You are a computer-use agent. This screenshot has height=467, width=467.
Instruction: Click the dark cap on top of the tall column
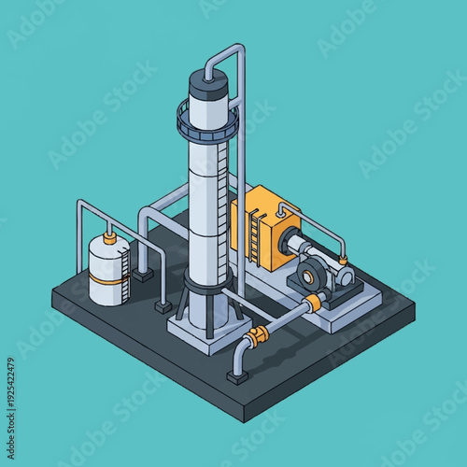tap(209, 85)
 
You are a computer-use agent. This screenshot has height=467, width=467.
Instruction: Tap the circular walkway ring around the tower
tap(207, 120)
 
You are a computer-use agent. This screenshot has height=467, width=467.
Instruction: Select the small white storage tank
tap(109, 274)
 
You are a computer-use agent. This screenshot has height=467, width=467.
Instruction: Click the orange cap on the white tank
tap(109, 239)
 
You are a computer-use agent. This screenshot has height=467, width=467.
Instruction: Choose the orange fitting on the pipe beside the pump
tap(318, 301)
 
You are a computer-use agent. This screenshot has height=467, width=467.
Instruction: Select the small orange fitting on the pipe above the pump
tap(344, 258)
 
